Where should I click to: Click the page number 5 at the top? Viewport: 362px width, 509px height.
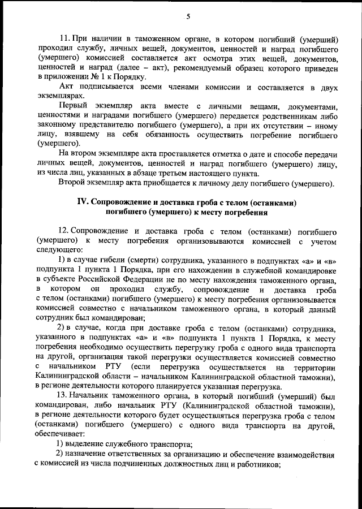187,16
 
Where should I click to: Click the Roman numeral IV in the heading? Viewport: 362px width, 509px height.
83,202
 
